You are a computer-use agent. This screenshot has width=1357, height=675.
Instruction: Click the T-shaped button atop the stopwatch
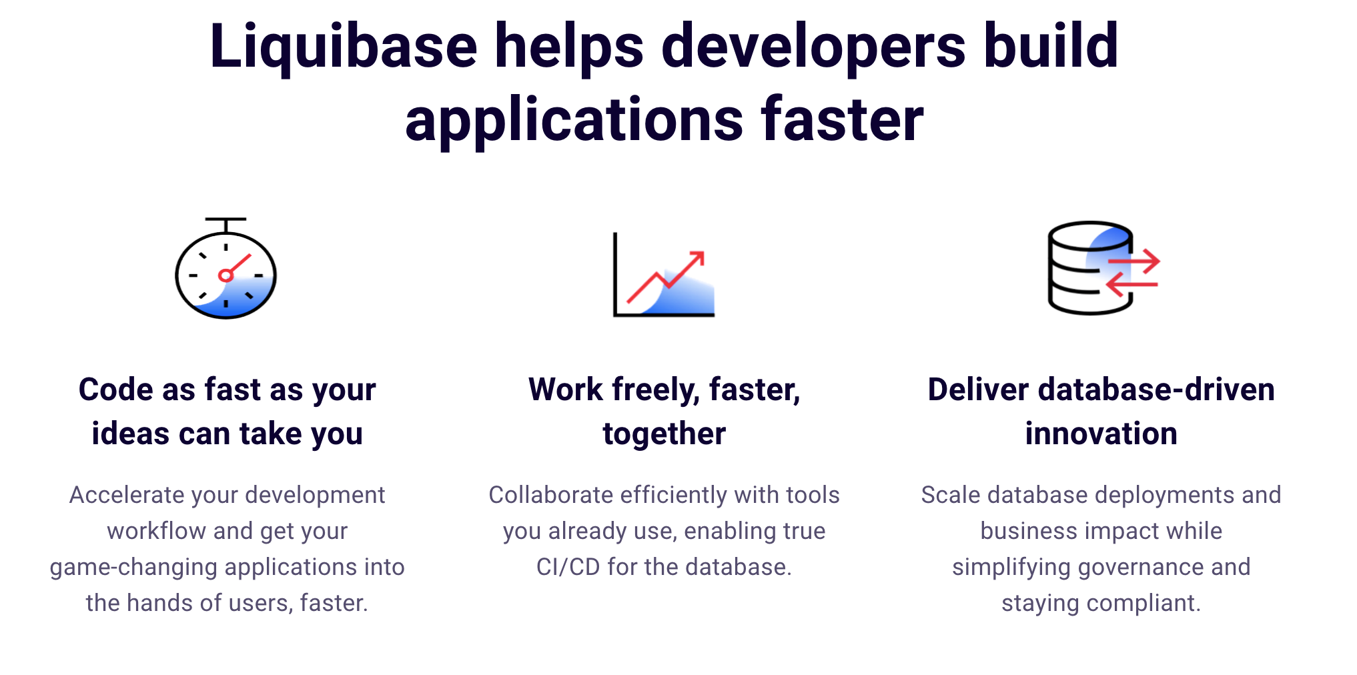tap(225, 221)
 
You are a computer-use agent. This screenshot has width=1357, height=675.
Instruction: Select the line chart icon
tap(664, 275)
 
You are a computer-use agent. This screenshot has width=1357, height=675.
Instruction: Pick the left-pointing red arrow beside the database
tap(1132, 285)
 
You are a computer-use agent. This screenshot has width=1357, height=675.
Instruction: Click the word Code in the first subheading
tap(115, 390)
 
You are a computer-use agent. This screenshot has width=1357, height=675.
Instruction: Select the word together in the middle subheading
tap(664, 434)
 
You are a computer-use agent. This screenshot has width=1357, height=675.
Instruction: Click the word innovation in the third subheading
tap(1101, 434)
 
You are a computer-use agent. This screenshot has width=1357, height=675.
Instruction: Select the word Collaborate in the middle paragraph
tap(550, 495)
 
